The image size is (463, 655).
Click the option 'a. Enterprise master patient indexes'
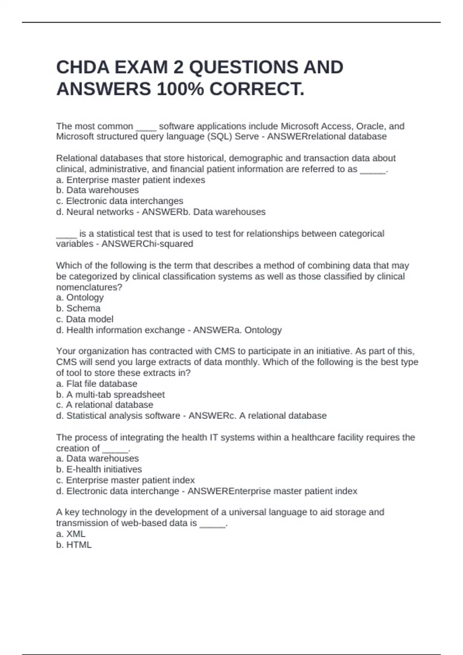tap(130, 180)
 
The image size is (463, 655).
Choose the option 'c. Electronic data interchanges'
tap(120, 201)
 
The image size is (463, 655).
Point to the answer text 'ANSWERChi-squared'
tap(147, 244)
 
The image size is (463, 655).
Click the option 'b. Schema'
tap(78, 308)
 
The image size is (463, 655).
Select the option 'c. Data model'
tap(84, 319)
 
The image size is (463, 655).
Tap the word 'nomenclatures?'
tap(89, 287)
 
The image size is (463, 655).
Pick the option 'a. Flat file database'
tap(96, 384)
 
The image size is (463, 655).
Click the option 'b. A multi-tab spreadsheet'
tap(110, 395)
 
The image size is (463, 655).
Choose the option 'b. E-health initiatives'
tap(99, 469)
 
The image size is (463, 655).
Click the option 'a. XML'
tap(71, 534)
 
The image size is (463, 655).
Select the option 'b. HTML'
tap(74, 545)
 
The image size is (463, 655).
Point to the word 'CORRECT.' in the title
tap(257, 90)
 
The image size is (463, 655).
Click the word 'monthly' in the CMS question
tap(243, 362)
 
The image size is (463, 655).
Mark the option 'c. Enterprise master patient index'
tap(125, 480)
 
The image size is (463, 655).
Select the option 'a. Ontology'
tap(80, 297)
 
